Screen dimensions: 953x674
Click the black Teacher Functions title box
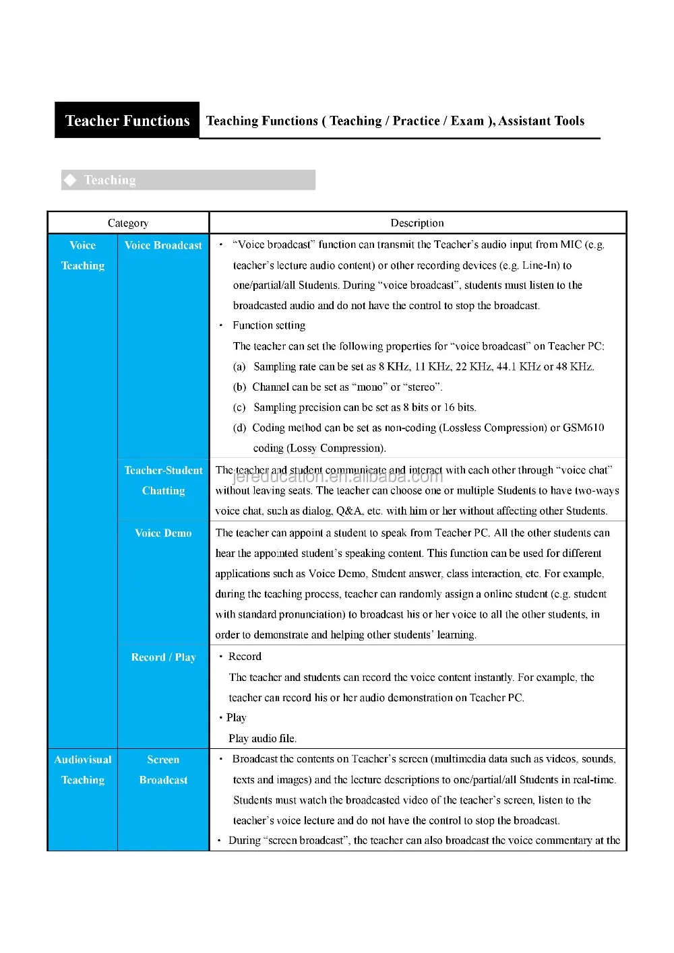point(127,121)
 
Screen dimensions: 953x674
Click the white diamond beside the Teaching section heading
point(70,180)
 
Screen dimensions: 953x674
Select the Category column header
point(128,223)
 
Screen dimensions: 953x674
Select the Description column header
point(417,223)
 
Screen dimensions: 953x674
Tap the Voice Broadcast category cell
point(163,245)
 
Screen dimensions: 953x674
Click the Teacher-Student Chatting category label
point(163,480)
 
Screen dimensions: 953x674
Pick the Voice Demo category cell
point(163,533)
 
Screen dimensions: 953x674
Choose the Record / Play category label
point(163,657)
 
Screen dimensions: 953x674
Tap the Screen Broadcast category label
point(163,769)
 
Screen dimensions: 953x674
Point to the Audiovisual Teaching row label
point(83,769)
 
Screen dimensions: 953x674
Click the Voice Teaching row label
point(83,255)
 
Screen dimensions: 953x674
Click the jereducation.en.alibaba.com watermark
point(338,477)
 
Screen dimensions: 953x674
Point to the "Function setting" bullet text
point(269,325)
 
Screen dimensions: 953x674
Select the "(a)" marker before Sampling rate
point(239,367)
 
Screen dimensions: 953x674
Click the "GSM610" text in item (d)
point(584,428)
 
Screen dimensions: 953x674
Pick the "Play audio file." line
point(262,738)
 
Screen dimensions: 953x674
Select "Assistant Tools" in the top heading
point(541,121)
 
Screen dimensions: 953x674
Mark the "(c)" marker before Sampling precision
point(239,407)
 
